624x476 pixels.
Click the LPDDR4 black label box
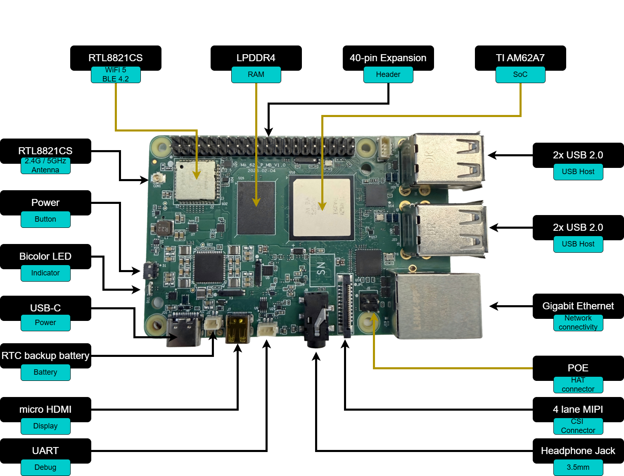256,58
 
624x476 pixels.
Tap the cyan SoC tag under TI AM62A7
520,74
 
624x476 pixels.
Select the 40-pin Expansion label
388,58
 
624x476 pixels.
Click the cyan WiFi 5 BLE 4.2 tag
116,74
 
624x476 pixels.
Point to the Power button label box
45,203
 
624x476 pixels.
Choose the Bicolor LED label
45,256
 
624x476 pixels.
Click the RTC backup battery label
45,356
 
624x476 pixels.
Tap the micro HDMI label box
45,409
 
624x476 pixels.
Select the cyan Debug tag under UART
45,467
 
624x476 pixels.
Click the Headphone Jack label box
578,451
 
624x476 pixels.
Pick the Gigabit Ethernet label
578,306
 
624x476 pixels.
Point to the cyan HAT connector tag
578,385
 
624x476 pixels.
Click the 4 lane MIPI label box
578,409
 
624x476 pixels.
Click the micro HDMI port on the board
238,329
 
